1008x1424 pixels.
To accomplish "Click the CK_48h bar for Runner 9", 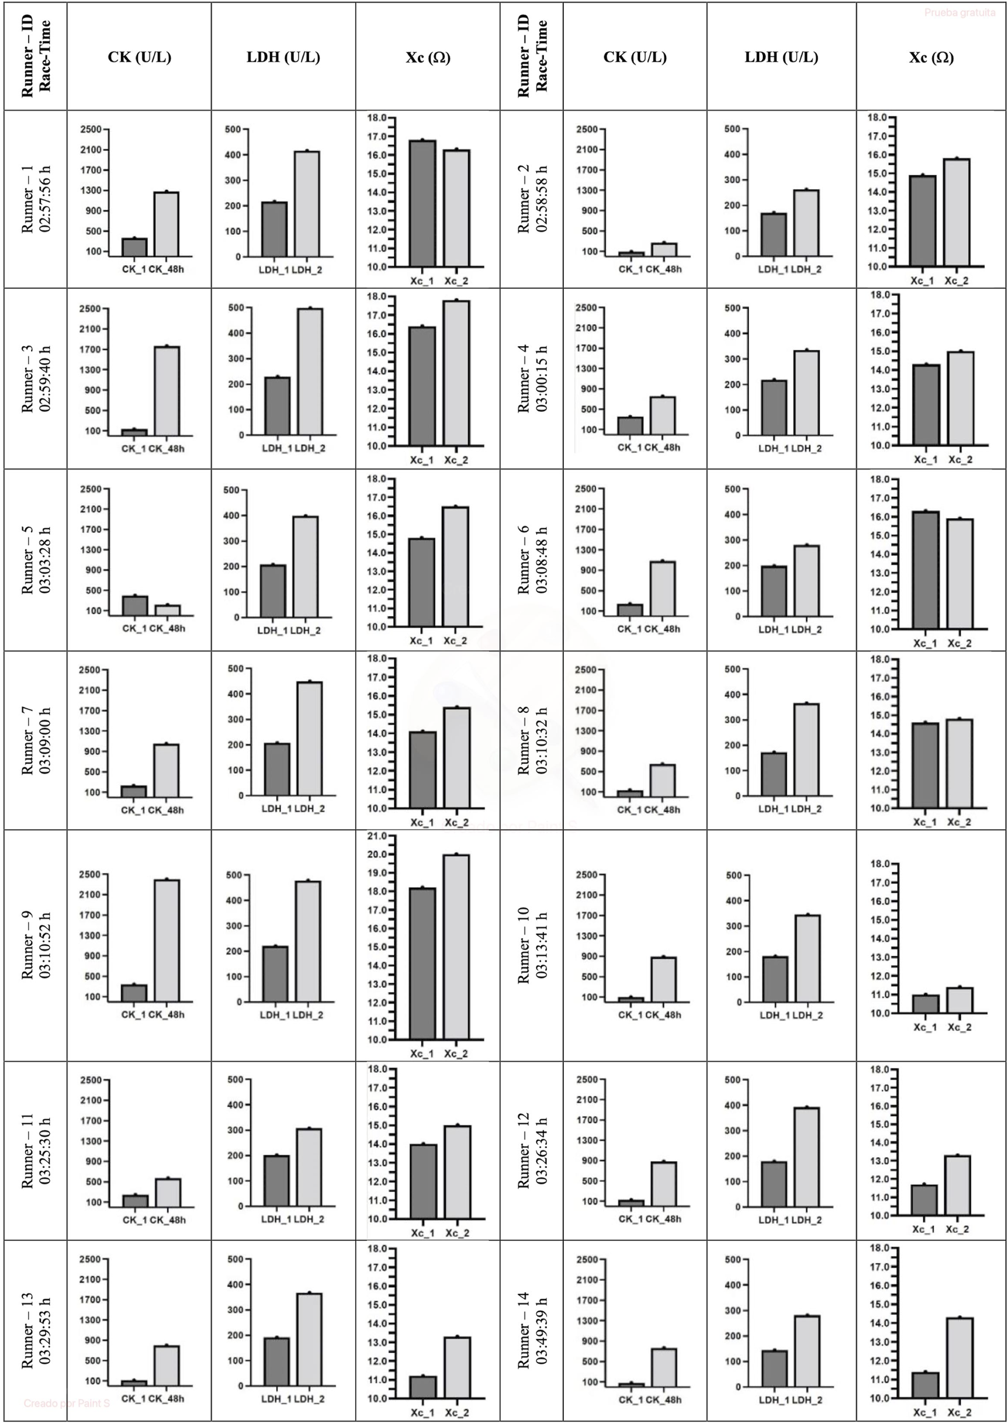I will click(x=167, y=940).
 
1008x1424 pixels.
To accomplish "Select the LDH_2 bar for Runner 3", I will click(x=310, y=372).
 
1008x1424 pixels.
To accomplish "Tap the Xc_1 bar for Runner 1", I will click(x=422, y=204).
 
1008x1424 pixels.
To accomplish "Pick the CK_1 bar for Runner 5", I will click(x=135, y=606).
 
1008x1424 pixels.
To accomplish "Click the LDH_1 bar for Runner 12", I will click(x=774, y=1184).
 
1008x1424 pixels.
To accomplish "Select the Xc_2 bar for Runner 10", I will click(x=959, y=999).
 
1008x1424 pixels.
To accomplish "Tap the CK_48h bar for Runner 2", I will click(x=664, y=249).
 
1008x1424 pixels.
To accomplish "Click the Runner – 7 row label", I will click(x=27, y=740).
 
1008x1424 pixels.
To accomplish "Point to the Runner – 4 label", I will click(x=524, y=378).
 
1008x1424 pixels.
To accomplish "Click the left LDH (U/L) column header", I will click(x=283, y=57).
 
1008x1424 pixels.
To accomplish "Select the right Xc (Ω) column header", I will click(x=930, y=58).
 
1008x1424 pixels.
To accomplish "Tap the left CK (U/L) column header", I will click(x=139, y=57).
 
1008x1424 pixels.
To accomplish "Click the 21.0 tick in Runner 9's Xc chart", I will click(x=377, y=836).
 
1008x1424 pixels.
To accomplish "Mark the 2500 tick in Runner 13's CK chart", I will click(x=91, y=1259).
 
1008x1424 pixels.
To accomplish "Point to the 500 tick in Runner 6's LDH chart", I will click(x=732, y=490).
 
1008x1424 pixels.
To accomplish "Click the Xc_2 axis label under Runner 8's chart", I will click(x=959, y=822).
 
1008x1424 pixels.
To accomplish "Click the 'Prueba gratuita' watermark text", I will click(x=959, y=12).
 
